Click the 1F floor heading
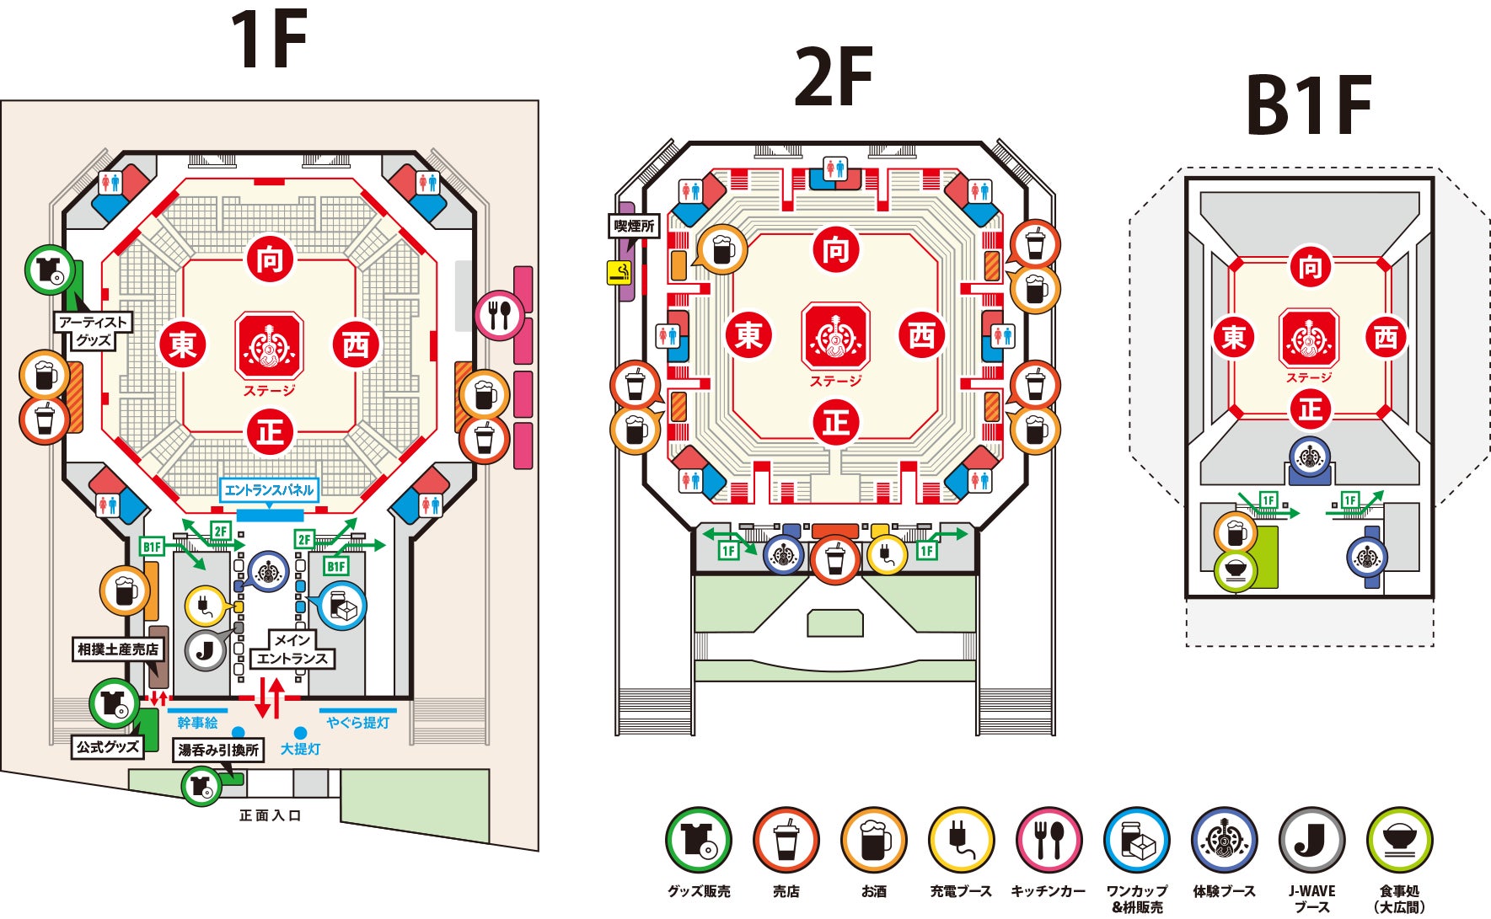[269, 40]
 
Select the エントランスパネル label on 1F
[269, 490]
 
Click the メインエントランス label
[292, 649]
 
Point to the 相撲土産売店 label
[117, 649]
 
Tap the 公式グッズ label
[108, 746]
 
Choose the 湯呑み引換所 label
[218, 750]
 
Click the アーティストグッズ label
[93, 331]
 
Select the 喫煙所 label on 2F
[634, 226]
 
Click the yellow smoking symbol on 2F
[619, 272]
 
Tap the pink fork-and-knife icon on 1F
[499, 315]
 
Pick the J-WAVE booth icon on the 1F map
[206, 649]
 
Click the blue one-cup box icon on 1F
[342, 606]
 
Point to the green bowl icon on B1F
[1236, 570]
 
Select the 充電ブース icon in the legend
[961, 840]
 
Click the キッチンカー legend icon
[1049, 840]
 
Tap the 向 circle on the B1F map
[1309, 267]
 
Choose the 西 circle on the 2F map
[922, 335]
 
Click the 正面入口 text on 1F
[270, 815]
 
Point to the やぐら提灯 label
[358, 723]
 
